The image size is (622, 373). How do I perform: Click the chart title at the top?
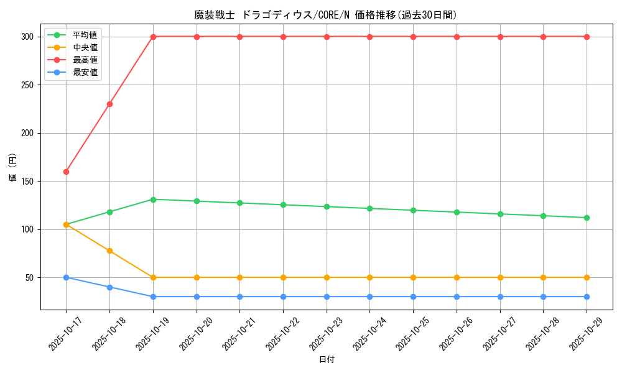tap(326, 15)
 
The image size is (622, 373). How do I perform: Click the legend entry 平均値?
tap(85, 35)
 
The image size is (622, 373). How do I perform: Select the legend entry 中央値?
tap(85, 47)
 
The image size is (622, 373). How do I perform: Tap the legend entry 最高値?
tap(85, 60)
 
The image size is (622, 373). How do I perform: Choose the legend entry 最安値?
tap(85, 72)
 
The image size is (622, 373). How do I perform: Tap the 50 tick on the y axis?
tap(29, 278)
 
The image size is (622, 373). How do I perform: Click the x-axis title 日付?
tap(327, 360)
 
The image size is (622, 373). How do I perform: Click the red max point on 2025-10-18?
tap(109, 104)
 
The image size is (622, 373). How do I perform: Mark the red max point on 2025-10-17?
tap(66, 172)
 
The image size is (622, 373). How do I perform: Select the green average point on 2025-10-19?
tap(153, 200)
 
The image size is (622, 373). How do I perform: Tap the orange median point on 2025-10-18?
tap(109, 251)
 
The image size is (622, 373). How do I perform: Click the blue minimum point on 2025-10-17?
tap(66, 277)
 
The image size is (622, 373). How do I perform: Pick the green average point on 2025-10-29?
tap(587, 218)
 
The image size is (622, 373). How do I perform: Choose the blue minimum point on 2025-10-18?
tap(109, 287)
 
